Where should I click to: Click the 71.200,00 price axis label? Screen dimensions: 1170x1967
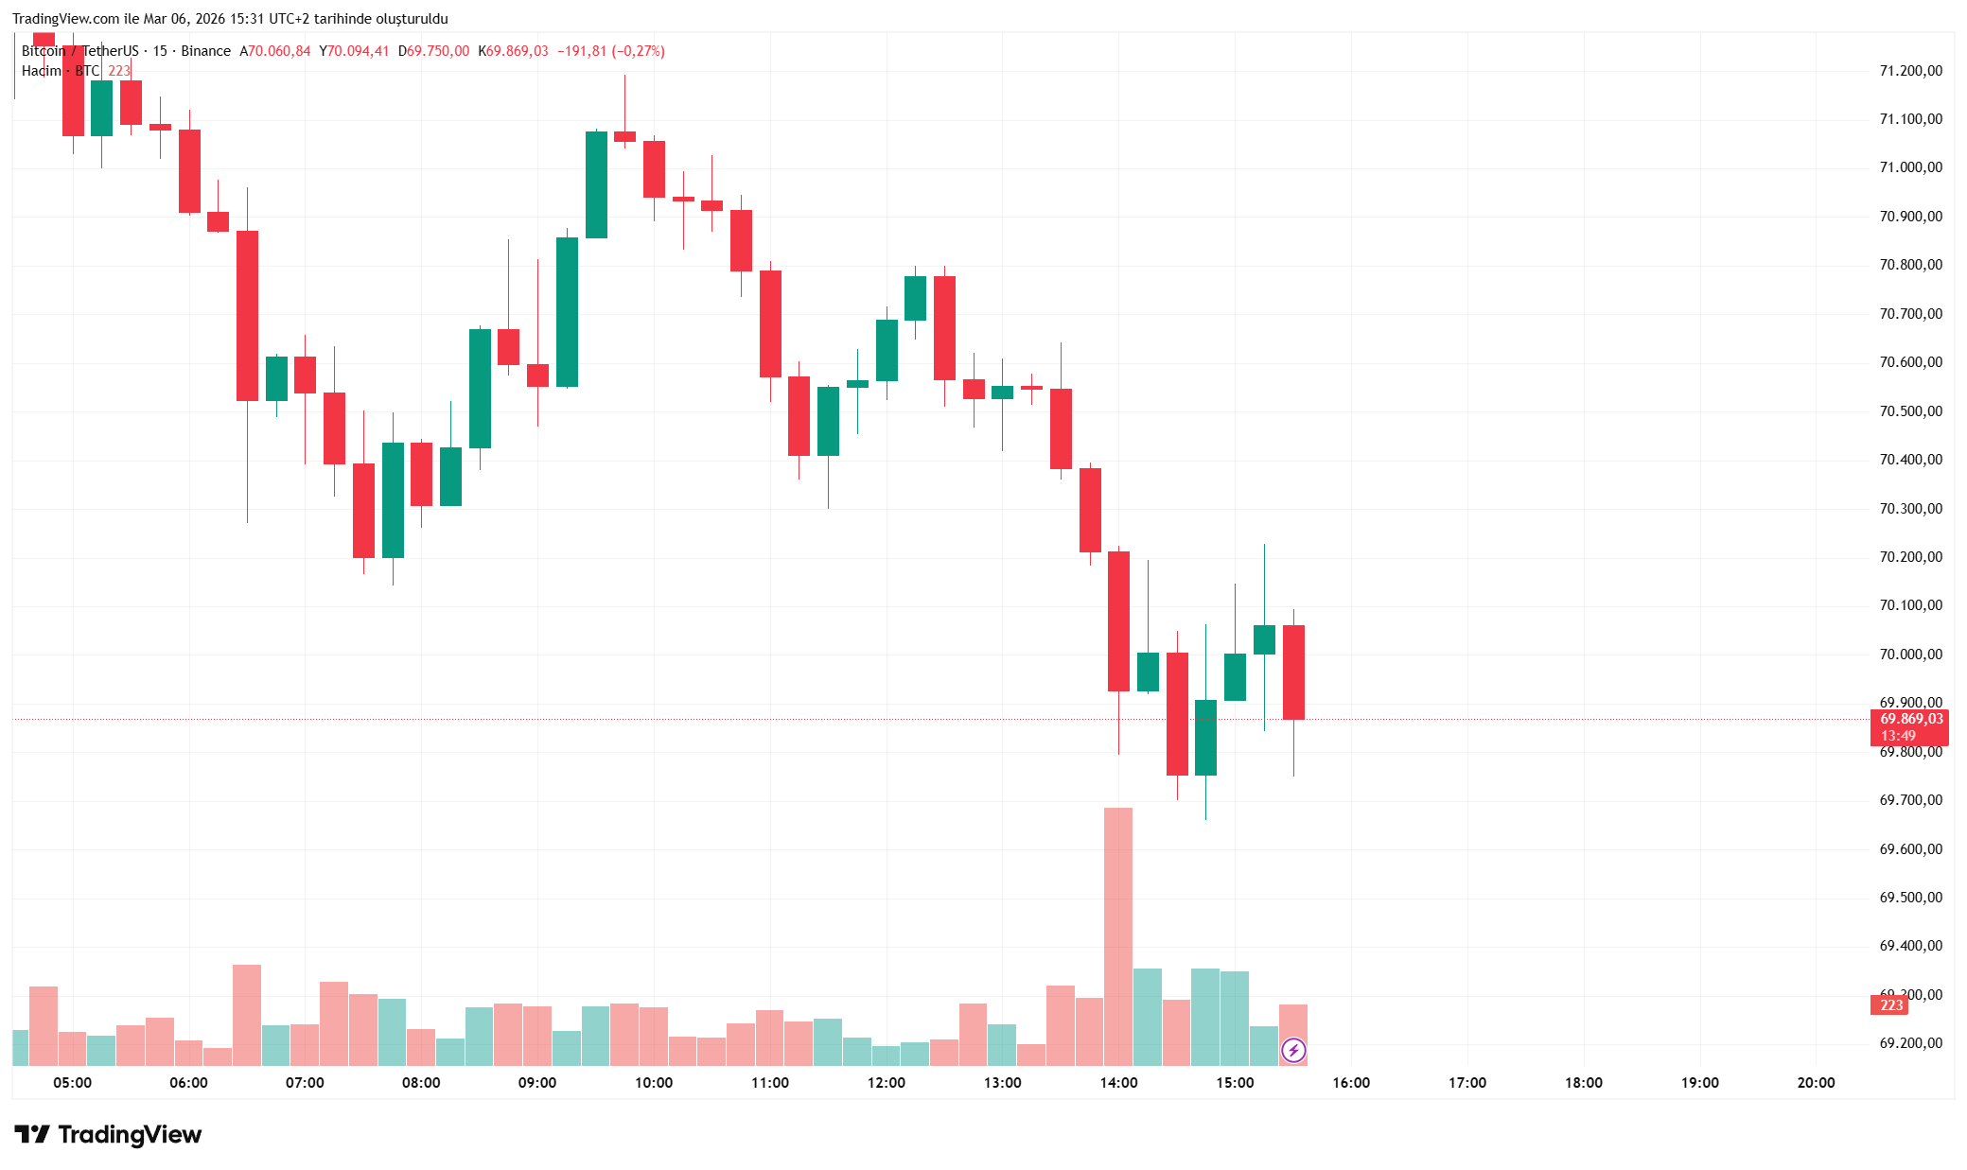pyautogui.click(x=1910, y=71)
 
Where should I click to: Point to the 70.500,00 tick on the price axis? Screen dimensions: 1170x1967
pyautogui.click(x=1910, y=411)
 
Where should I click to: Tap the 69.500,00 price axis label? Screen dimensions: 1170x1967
pyautogui.click(x=1910, y=898)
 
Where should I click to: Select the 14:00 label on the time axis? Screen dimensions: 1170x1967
pyautogui.click(x=1118, y=1083)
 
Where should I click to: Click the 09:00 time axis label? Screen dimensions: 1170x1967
pyautogui.click(x=537, y=1083)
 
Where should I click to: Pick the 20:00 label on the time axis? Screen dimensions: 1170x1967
pyautogui.click(x=1816, y=1083)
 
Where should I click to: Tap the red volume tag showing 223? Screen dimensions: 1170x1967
pyautogui.click(x=1890, y=1005)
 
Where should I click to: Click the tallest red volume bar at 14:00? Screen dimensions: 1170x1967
pyautogui.click(x=1118, y=936)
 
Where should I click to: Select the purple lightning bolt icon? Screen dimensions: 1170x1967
pyautogui.click(x=1293, y=1050)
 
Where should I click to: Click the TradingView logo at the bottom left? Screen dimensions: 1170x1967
pyautogui.click(x=108, y=1134)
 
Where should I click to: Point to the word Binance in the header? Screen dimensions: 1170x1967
pyautogui.click(x=205, y=51)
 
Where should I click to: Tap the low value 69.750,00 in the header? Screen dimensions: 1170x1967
pyautogui.click(x=437, y=51)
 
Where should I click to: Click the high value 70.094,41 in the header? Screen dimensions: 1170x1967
pyautogui.click(x=358, y=51)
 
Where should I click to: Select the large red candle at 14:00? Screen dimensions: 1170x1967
pyautogui.click(x=1118, y=621)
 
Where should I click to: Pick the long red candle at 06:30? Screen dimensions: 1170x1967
pyautogui.click(x=247, y=316)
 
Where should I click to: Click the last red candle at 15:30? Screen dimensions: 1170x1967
pyautogui.click(x=1293, y=672)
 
